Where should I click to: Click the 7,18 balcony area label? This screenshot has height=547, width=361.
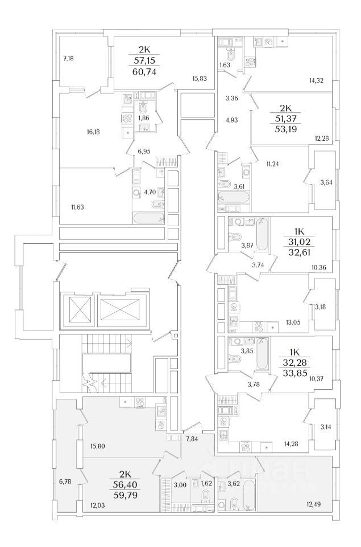(x=69, y=58)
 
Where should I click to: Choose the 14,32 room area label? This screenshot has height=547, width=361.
(x=316, y=81)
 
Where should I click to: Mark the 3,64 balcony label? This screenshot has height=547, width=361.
(x=327, y=183)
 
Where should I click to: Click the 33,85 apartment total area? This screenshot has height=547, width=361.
(x=298, y=374)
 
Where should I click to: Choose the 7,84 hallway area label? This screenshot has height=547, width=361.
(x=192, y=438)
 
